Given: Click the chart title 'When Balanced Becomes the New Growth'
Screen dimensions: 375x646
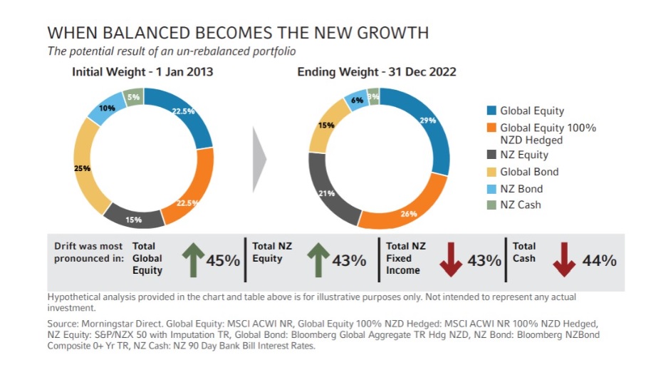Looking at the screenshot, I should (x=238, y=33).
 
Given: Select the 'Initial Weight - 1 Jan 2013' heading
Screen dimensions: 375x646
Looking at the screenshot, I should (x=142, y=72).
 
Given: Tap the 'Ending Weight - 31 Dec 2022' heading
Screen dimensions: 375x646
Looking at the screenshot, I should (x=377, y=72).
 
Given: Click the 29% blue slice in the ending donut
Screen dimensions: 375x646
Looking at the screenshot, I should (x=428, y=128).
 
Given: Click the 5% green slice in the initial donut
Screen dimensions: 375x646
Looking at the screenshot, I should (x=133, y=97).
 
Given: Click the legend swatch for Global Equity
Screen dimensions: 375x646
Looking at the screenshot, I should (x=491, y=111).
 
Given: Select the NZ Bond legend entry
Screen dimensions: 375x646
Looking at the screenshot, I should (x=521, y=189).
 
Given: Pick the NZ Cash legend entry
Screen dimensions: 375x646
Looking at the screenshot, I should (x=520, y=205).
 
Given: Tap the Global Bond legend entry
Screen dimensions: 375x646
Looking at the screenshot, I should (x=528, y=172).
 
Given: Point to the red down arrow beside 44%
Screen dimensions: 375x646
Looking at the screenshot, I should (x=564, y=260).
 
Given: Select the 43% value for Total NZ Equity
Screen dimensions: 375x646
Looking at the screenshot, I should (x=349, y=260).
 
